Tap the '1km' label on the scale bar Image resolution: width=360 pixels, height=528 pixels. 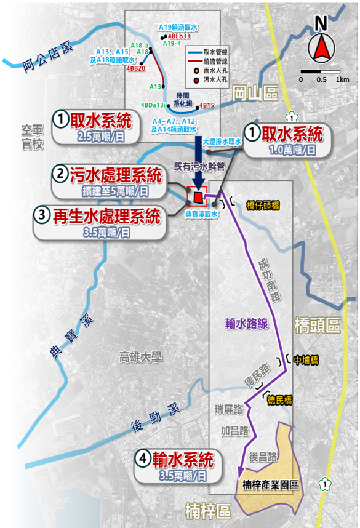[342, 80]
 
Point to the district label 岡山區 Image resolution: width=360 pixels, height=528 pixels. [255, 94]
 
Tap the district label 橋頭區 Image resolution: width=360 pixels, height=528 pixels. [317, 325]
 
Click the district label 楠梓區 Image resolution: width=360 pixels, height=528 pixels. [207, 511]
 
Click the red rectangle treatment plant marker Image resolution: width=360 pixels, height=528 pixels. [198, 196]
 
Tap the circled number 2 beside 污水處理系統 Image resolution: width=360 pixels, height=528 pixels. [60, 175]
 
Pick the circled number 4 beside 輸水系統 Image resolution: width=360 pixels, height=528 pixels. [143, 459]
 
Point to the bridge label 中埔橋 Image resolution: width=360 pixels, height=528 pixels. [306, 360]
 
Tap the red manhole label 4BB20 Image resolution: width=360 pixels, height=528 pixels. [135, 68]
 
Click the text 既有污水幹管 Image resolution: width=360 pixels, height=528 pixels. [195, 166]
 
